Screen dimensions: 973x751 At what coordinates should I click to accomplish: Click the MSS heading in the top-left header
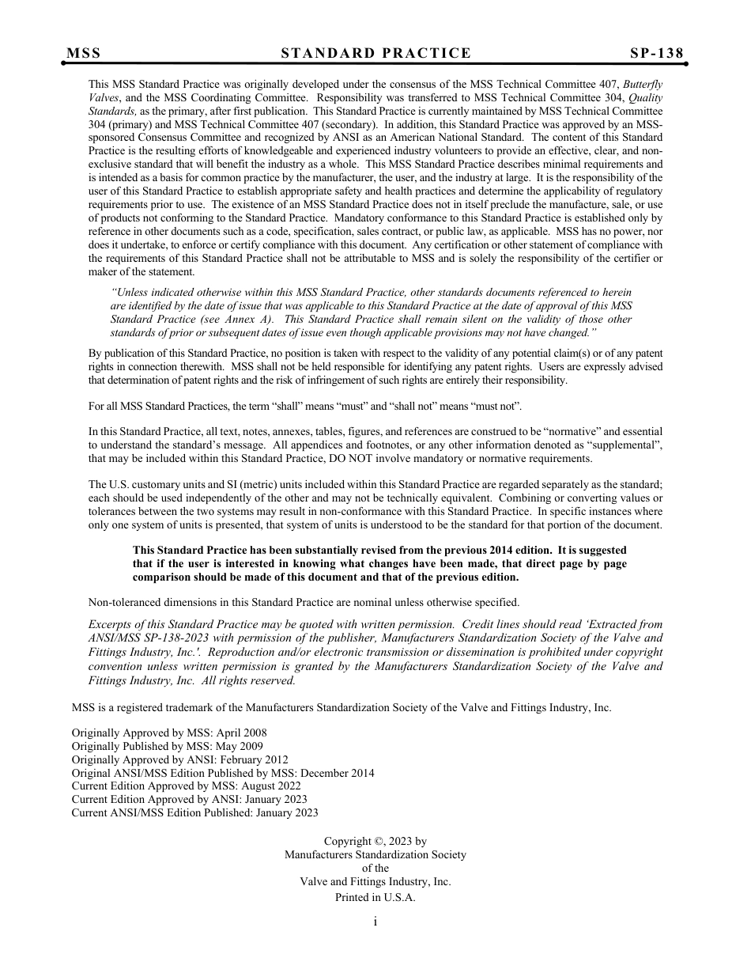[x=84, y=53]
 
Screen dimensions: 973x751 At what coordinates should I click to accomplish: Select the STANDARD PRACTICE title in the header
[x=376, y=53]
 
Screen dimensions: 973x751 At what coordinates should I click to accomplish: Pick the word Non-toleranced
[x=124, y=602]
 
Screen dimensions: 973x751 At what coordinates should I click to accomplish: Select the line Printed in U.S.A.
[x=375, y=897]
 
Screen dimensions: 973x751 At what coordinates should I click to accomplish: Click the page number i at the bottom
[x=375, y=921]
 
